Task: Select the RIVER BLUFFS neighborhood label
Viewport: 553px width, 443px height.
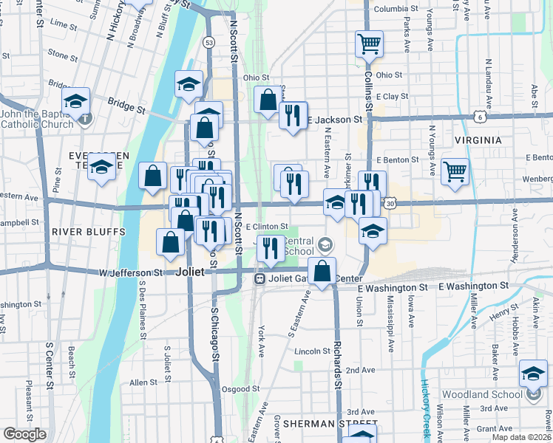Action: pyautogui.click(x=84, y=231)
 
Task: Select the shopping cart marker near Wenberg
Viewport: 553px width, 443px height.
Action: pyautogui.click(x=455, y=171)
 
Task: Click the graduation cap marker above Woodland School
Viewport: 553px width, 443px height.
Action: pyautogui.click(x=533, y=373)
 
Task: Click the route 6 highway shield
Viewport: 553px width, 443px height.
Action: pyautogui.click(x=480, y=117)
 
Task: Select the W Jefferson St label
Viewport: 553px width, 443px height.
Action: pyautogui.click(x=130, y=272)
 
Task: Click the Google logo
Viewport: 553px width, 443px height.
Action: pyautogui.click(x=25, y=434)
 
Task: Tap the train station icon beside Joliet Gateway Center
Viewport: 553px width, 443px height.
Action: pyautogui.click(x=259, y=278)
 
